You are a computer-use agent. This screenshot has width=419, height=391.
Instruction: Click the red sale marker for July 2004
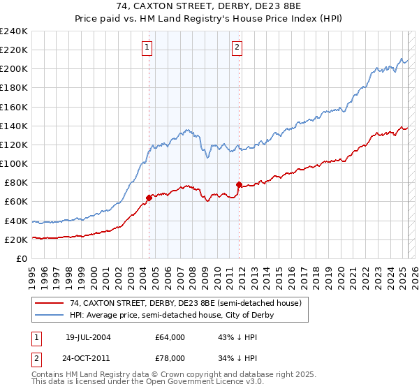click(149, 198)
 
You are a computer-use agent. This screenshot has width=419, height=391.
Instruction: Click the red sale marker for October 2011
click(239, 184)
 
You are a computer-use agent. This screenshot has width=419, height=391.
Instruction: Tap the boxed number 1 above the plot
click(147, 47)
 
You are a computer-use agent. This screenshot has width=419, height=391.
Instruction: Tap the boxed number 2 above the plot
click(237, 47)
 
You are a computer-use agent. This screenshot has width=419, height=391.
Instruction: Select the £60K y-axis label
click(17, 201)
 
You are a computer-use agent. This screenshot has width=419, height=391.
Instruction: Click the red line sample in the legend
click(50, 303)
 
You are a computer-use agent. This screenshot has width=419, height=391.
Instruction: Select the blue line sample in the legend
click(50, 315)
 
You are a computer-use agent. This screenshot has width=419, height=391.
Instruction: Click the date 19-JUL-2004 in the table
click(88, 337)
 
